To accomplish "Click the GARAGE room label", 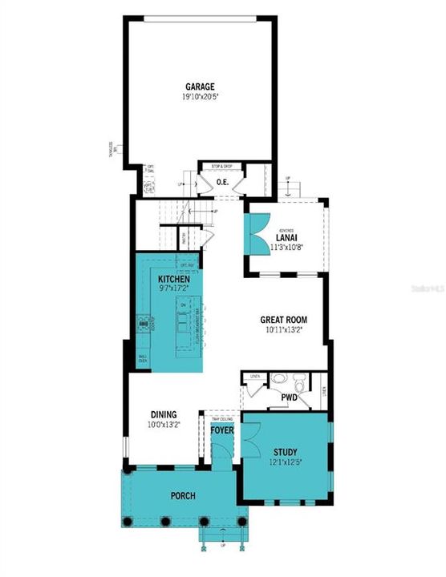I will pyautogui.click(x=201, y=87).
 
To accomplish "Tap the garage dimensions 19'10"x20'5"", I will pyautogui.click(x=201, y=97).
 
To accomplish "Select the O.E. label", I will pyautogui.click(x=224, y=183).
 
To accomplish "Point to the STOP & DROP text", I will pyautogui.click(x=222, y=166).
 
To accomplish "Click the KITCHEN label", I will pyautogui.click(x=173, y=280).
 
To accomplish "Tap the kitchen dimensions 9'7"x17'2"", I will pyautogui.click(x=173, y=289).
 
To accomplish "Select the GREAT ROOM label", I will pyautogui.click(x=284, y=320).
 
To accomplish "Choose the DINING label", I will pyautogui.click(x=162, y=414).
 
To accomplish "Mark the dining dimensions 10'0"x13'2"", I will pyautogui.click(x=162, y=425).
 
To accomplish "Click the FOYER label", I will pyautogui.click(x=221, y=431).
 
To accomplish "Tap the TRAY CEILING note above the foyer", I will pyautogui.click(x=221, y=418).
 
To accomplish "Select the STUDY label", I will pyautogui.click(x=285, y=452).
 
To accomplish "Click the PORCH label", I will pyautogui.click(x=182, y=495).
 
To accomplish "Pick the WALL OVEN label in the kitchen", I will pyautogui.click(x=144, y=359).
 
